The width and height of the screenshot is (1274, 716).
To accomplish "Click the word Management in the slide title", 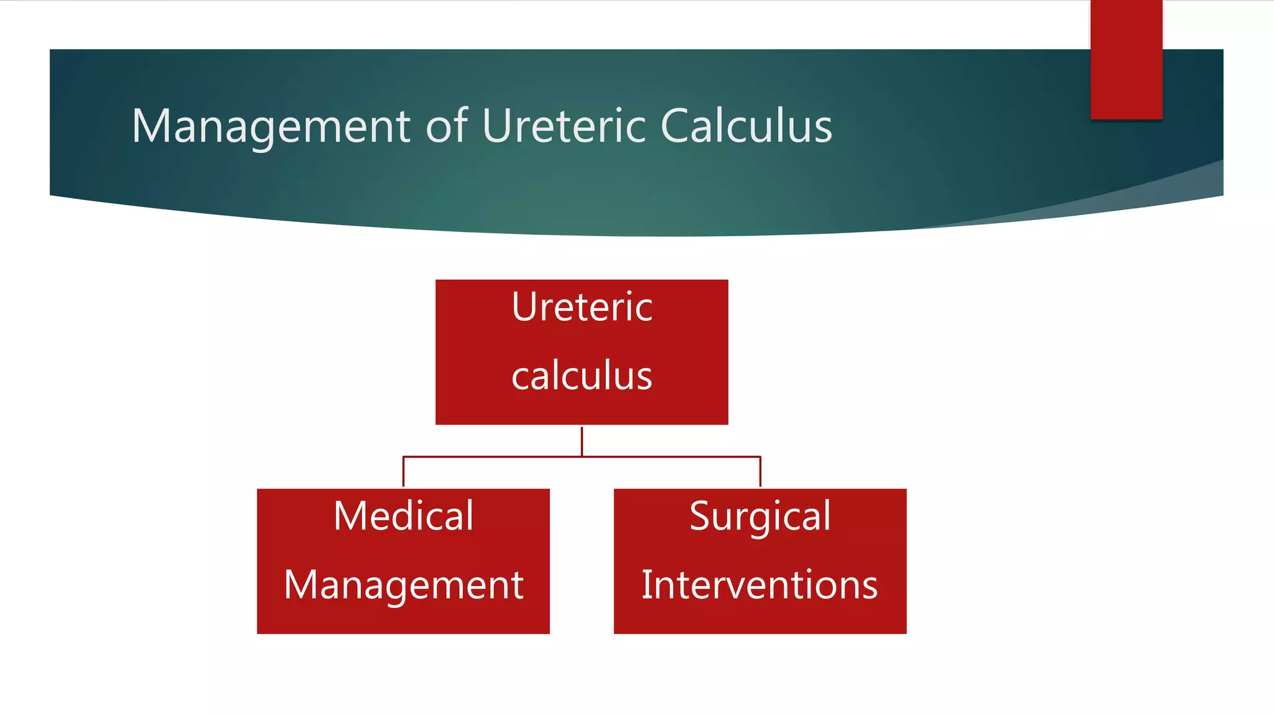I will (271, 127).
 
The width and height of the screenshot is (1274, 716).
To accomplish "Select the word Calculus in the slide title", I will (746, 126).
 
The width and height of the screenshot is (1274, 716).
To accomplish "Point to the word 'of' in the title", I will (447, 126).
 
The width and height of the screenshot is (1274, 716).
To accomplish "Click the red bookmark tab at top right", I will (1126, 60).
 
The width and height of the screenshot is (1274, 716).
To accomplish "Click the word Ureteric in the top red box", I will (582, 307).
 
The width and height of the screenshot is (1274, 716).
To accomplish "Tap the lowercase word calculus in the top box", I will (582, 376).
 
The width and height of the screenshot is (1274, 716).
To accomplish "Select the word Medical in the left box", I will (403, 516).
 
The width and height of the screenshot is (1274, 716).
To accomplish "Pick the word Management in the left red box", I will (403, 585).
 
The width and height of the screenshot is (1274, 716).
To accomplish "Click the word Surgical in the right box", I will (760, 517).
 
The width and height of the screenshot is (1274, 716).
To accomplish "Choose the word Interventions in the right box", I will (760, 585).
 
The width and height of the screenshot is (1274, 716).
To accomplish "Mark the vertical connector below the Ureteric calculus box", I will (582, 441).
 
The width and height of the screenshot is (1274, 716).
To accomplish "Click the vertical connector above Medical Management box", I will (403, 472).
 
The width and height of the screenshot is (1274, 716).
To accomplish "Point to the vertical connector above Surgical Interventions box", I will (760, 472).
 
